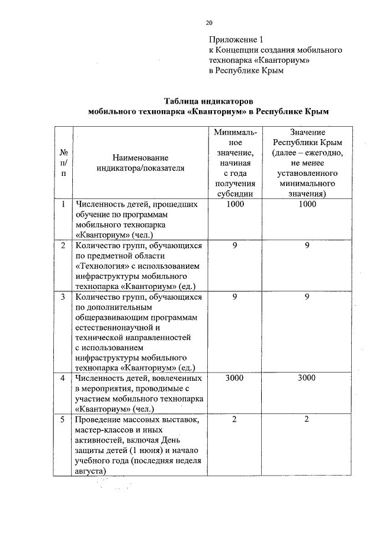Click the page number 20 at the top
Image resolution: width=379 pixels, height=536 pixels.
coord(208,23)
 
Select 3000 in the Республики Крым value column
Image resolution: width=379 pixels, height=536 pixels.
coord(307,377)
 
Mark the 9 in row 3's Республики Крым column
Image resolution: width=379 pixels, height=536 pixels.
coord(307,296)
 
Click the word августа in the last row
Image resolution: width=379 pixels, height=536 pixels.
coord(91,471)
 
